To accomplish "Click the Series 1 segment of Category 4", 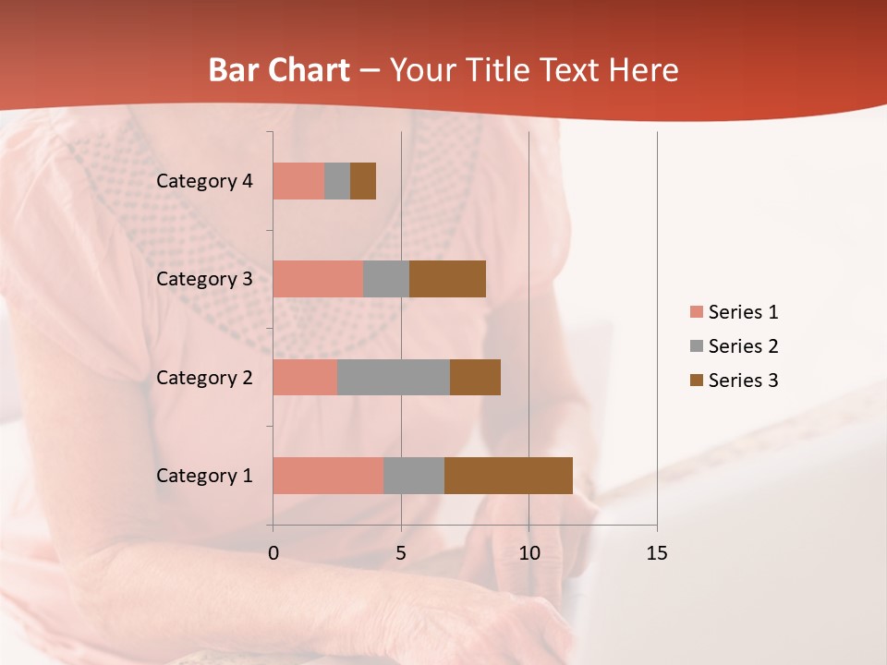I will (x=298, y=181).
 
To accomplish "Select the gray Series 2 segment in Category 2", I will (x=394, y=377).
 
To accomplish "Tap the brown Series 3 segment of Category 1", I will (x=508, y=475).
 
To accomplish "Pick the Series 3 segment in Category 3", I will (x=447, y=279).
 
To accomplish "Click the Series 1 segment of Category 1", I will (x=328, y=475).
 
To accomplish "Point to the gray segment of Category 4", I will (x=337, y=181).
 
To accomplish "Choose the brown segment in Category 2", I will (x=475, y=377).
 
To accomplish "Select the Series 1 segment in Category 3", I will (x=318, y=279).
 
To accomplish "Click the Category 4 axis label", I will (x=204, y=181).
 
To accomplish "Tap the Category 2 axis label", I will (x=204, y=377).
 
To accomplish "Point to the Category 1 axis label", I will (x=204, y=476).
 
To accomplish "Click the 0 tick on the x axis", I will (x=273, y=553).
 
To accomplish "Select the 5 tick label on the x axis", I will (x=401, y=553).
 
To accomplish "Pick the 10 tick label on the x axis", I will (x=529, y=553).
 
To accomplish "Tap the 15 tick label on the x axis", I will (x=656, y=553).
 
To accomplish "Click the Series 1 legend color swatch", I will (x=696, y=312).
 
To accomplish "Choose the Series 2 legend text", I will (x=743, y=346).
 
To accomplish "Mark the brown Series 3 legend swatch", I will (x=696, y=381).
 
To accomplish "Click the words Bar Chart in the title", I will (x=279, y=70).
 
